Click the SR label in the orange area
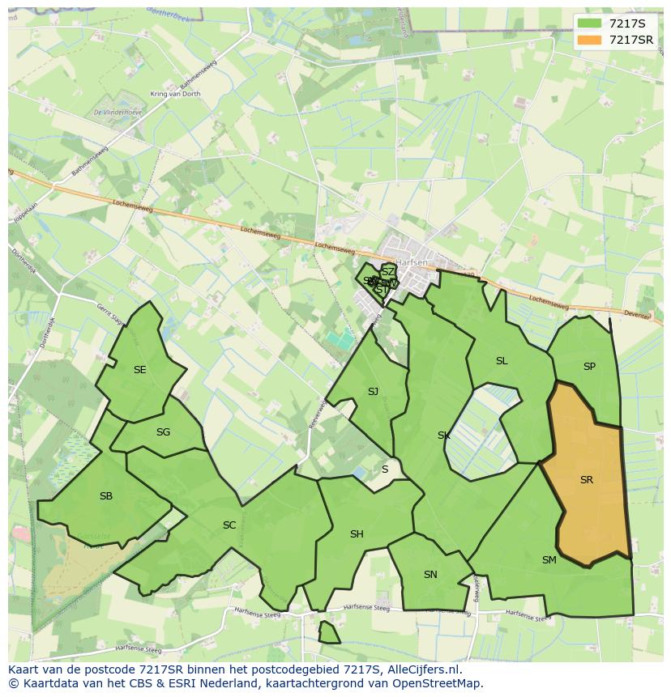586,480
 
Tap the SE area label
140,370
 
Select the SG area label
163,432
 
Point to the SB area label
106,496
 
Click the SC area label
229,525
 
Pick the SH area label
357,534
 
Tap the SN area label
430,575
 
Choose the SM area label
549,559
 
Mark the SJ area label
373,392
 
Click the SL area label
502,361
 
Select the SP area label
589,367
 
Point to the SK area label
444,436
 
